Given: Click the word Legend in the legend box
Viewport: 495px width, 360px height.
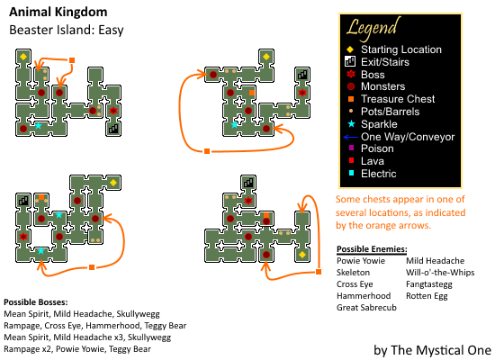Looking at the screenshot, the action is [x=373, y=29].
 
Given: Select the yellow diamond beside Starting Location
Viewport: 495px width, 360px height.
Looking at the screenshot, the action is [x=350, y=49].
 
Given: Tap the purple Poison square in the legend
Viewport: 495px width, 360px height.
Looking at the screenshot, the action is [x=351, y=148].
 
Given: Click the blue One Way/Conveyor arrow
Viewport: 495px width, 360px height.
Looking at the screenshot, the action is [x=350, y=137].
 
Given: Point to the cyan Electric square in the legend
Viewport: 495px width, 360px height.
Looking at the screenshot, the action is [x=351, y=173].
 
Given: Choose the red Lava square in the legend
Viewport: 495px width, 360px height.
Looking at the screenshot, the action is [x=351, y=160].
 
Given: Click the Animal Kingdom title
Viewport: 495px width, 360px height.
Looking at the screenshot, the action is [x=58, y=13].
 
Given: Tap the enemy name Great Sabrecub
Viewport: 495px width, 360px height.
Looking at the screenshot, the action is [x=366, y=307].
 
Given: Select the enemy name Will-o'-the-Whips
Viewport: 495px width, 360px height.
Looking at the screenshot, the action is [x=440, y=272].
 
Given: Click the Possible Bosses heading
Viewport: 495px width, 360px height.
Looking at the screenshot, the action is [x=36, y=302].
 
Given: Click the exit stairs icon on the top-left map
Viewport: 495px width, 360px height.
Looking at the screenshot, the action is [x=113, y=129].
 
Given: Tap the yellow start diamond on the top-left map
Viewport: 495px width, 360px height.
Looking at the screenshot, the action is [x=23, y=57].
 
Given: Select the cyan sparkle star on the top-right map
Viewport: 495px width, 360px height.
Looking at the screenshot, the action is [x=234, y=125].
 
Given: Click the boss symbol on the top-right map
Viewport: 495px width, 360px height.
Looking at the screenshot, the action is [x=302, y=93].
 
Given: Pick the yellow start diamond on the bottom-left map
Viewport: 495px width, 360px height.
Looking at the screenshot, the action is [x=113, y=183].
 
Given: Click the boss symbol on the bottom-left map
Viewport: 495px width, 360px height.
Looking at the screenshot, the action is [x=23, y=237].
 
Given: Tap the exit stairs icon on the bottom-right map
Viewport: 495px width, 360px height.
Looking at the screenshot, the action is [x=248, y=183].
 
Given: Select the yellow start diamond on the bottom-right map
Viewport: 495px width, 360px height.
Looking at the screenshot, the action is [x=302, y=255].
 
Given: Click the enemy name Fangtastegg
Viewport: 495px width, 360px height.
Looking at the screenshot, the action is [x=429, y=284].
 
